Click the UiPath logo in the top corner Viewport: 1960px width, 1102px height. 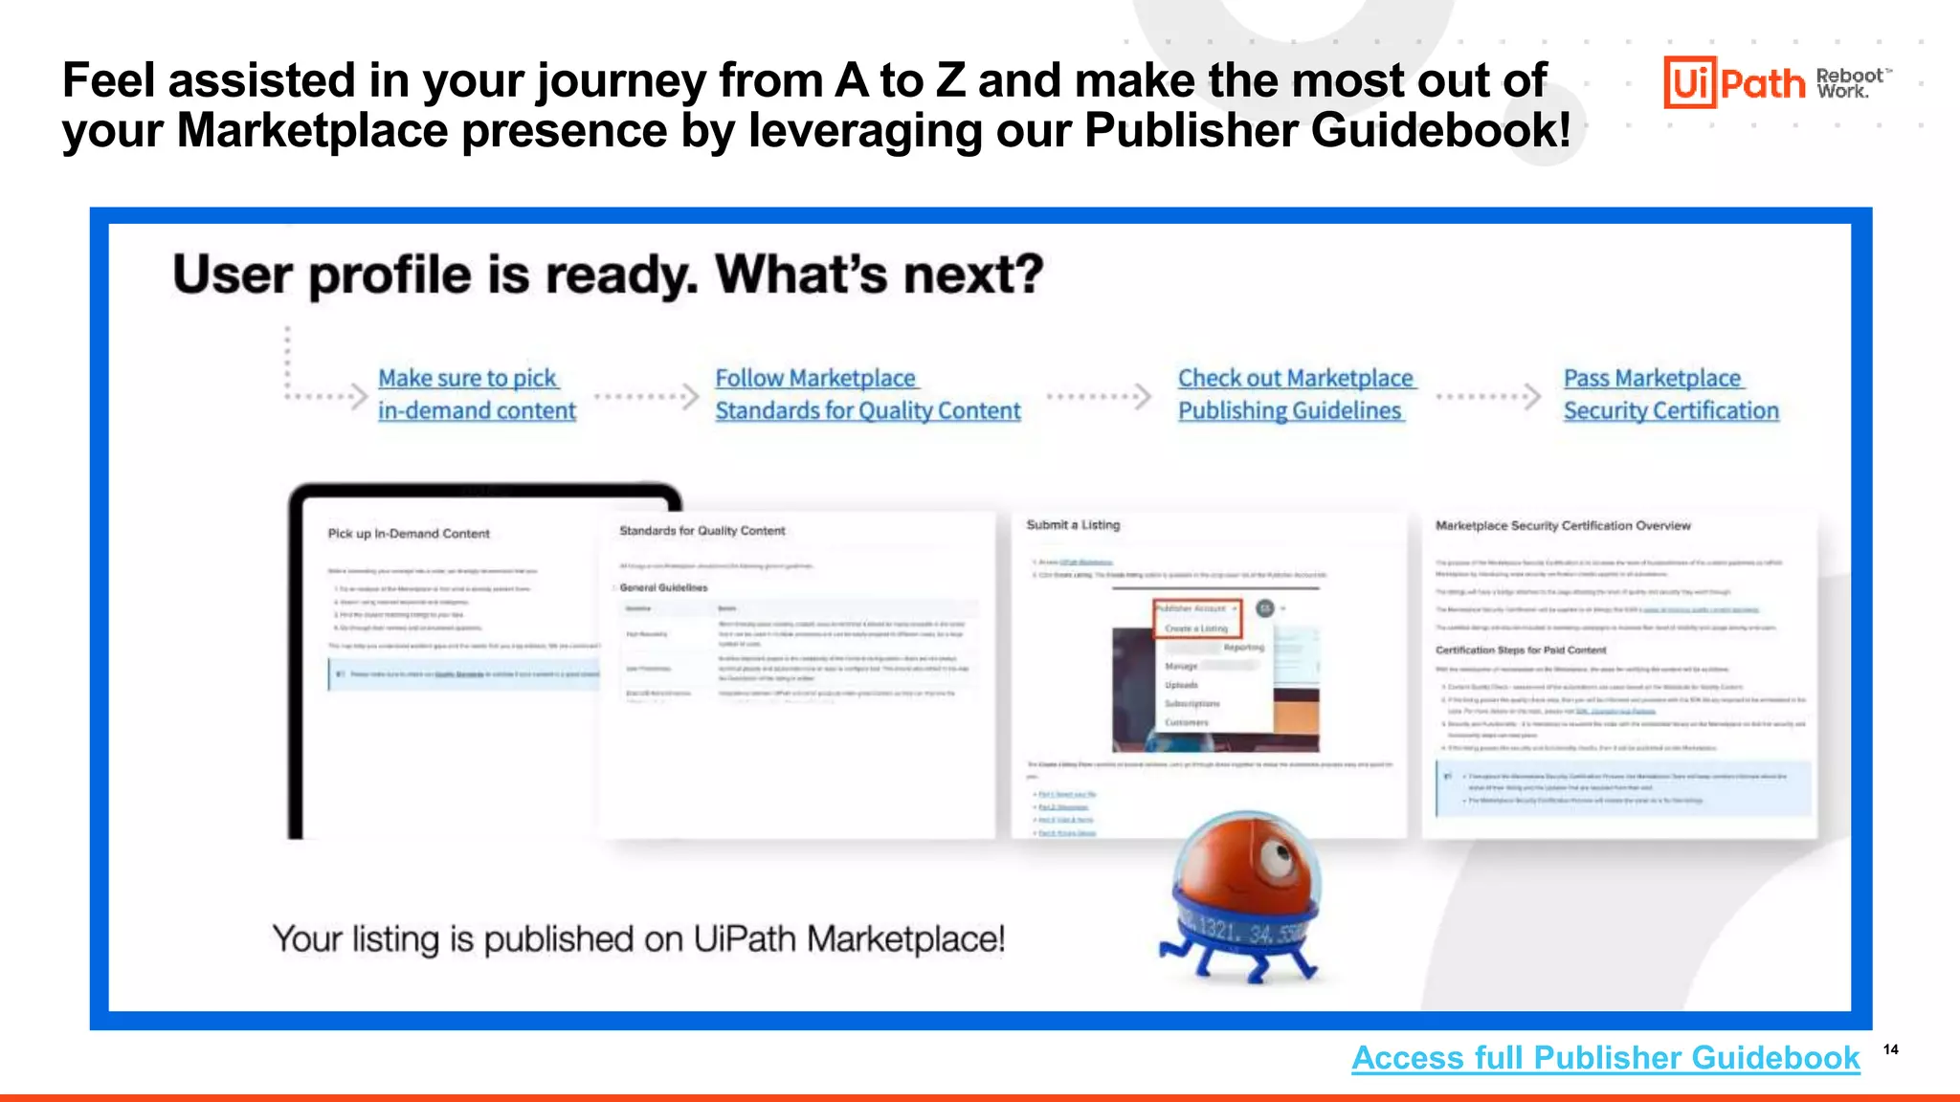[1734, 82]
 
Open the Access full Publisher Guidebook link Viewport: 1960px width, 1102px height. [1605, 1058]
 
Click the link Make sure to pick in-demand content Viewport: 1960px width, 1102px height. [476, 394]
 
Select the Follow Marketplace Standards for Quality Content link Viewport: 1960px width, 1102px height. [867, 394]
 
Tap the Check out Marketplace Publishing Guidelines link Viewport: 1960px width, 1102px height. [1294, 394]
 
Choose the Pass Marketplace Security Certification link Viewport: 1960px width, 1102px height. [1670, 394]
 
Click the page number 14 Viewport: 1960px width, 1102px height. [1890, 1049]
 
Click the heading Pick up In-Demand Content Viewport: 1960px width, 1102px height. [409, 534]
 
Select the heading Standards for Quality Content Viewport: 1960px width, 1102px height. [702, 531]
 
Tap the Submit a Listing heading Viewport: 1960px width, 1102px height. [1073, 525]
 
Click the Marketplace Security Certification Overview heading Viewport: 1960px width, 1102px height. [1563, 526]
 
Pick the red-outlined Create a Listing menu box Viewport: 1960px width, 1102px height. [1196, 619]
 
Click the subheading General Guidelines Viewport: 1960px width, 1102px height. [663, 587]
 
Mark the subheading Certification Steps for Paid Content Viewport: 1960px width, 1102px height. [1521, 650]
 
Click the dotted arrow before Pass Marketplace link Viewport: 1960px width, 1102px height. [1489, 396]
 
